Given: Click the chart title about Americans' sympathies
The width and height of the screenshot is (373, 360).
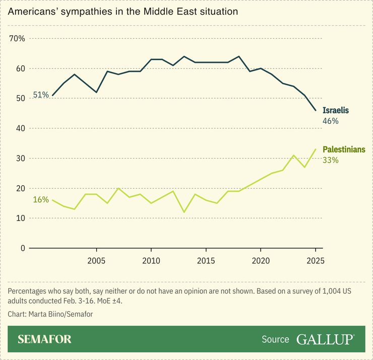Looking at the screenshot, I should [x=122, y=11].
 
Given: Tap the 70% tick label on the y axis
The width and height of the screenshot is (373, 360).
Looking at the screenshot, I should [x=18, y=39].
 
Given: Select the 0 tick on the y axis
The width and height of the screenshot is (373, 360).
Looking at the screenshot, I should [x=23, y=248].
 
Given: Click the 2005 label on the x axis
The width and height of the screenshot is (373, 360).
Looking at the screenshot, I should [x=96, y=261].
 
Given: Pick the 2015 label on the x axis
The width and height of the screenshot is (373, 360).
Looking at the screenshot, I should [x=206, y=261].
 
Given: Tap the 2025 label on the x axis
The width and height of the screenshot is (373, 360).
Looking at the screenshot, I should [x=315, y=261].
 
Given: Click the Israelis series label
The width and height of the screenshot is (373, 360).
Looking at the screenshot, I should [x=336, y=110].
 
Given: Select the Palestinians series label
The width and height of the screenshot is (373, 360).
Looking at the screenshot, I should [x=344, y=150].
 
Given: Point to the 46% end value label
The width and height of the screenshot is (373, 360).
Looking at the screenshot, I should [x=330, y=121].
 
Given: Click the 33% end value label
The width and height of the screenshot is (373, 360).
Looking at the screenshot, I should [x=330, y=161].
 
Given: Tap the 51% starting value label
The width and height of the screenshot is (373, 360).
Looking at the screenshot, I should [x=41, y=95].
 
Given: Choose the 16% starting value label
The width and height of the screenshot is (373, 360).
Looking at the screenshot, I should [x=41, y=200].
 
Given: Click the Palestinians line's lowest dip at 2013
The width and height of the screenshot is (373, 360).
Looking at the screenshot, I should [x=184, y=212].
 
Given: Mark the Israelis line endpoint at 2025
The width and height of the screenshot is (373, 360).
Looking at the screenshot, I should [x=315, y=110].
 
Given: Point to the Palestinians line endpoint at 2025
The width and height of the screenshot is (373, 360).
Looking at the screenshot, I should [x=315, y=149].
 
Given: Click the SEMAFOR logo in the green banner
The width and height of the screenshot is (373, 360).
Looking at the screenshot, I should [x=44, y=339].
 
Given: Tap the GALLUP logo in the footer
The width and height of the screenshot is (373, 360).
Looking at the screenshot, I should [x=325, y=339].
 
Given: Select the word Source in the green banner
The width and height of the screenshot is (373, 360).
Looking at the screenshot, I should [x=275, y=339].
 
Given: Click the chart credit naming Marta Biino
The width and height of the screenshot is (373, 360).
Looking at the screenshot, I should [x=50, y=314].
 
